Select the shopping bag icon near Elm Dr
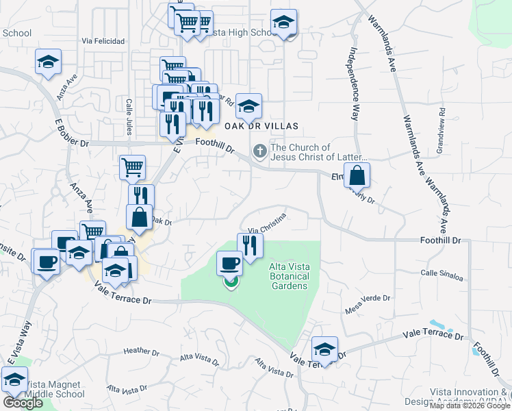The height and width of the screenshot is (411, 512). coord(357,175)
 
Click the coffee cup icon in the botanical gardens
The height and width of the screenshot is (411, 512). coord(230,263)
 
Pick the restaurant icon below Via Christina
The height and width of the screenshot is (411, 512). coord(250,245)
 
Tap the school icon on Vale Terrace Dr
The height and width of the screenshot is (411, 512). coord(324,349)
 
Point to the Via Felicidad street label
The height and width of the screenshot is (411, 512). coord(103,41)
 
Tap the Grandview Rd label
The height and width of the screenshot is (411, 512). coord(442,121)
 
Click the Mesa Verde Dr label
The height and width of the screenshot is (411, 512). coord(368,303)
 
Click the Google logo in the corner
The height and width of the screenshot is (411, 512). coord(23,403)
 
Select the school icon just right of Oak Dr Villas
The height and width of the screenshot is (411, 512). coord(248,105)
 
